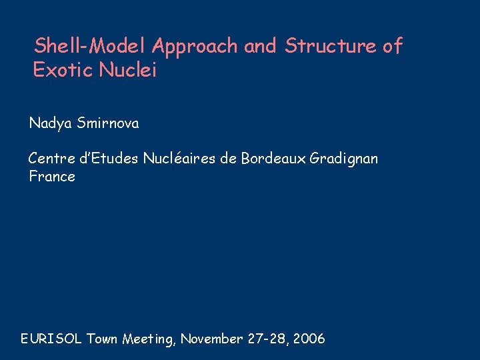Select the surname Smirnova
(x=108, y=123)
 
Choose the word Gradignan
(x=344, y=159)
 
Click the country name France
(x=52, y=177)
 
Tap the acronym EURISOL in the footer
(x=51, y=339)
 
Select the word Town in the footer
(x=103, y=339)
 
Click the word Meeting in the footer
(x=148, y=339)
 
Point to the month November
(x=211, y=339)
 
